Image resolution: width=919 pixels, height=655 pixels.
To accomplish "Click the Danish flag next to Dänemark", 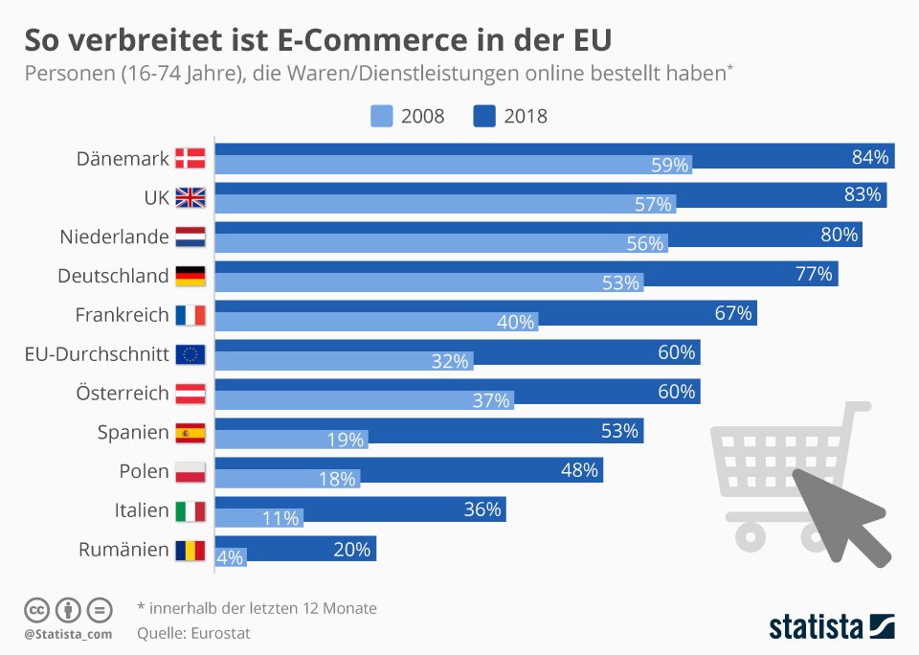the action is pos(191,158).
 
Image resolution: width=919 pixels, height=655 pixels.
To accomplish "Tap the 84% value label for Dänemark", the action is pos(870,157).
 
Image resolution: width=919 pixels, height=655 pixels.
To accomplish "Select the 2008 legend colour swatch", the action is pos(382,116).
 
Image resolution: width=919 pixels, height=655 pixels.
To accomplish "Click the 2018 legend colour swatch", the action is pos(484,116).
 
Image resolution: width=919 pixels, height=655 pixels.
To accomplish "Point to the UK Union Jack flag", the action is pos(191,197).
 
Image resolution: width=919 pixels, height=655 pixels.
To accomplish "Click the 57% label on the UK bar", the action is pos(653,204).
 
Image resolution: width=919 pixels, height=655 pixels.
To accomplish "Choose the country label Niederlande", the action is pos(114,237).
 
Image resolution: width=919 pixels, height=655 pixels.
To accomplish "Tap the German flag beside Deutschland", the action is pos(191,276).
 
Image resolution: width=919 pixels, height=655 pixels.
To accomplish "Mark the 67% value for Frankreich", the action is pos(732,313).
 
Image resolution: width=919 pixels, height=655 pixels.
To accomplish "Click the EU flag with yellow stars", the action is pos(191,354).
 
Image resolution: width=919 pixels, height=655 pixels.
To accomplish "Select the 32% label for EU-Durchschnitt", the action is pos(450,361).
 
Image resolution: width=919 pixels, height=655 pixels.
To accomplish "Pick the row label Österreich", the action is pos(123,393).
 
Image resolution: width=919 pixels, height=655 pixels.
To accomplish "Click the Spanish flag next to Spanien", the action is pos(191,433).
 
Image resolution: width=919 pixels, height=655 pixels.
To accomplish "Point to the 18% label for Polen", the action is pos(337,479).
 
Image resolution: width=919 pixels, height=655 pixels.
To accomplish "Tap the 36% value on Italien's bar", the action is pos(482,509).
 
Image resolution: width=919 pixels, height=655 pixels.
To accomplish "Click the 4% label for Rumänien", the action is pos(230,557).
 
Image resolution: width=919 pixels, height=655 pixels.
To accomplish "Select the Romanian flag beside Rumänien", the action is pos(191,550).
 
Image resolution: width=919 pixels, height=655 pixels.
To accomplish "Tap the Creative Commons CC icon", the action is pos(36,610).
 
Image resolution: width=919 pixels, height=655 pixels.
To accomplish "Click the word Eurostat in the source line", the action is pos(220,633).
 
